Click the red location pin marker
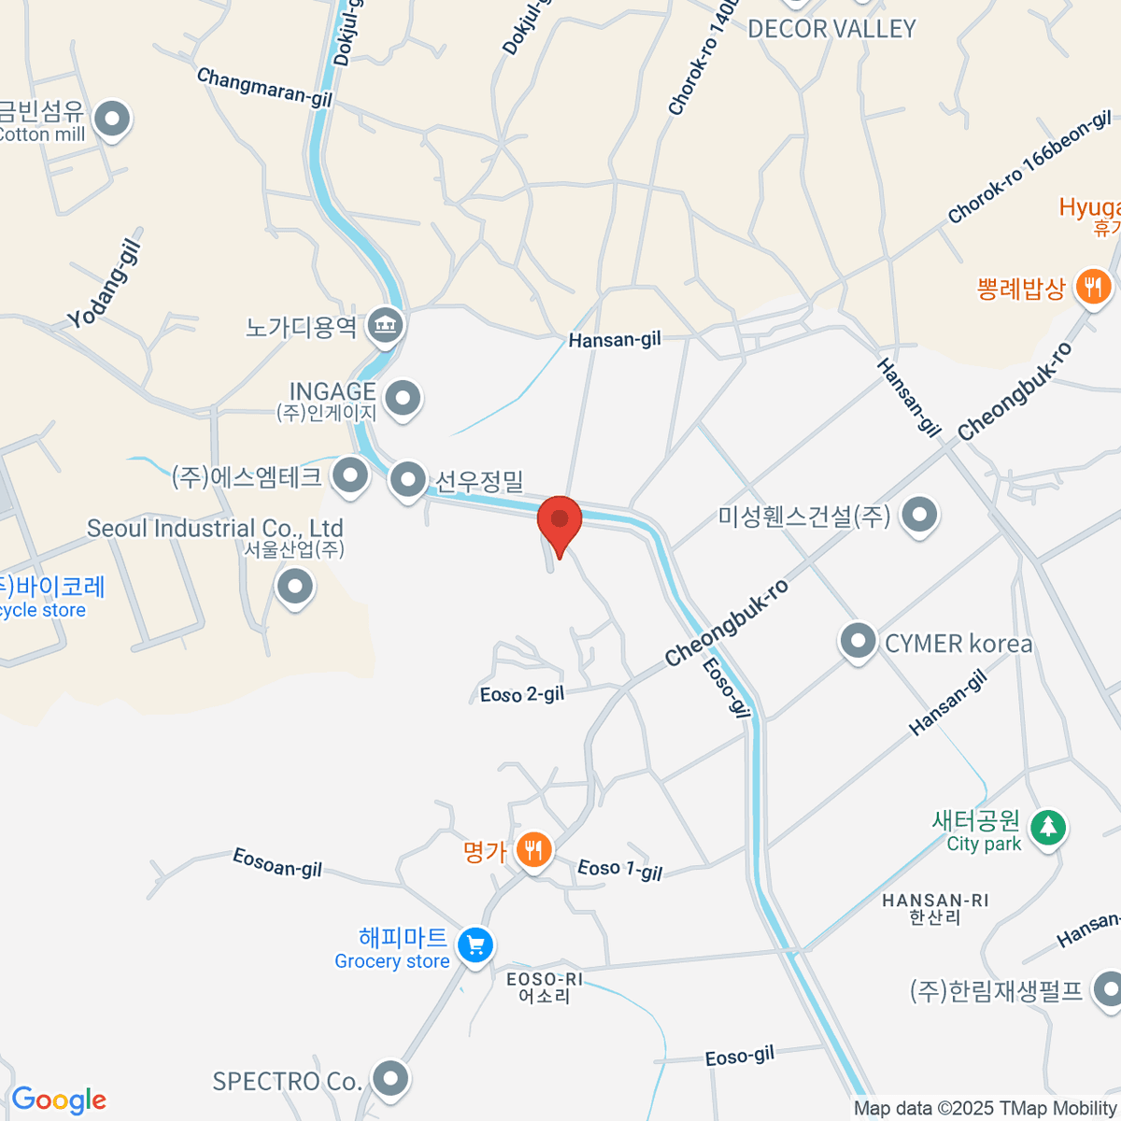(560, 521)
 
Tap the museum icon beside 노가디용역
(385, 324)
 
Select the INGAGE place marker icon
(404, 397)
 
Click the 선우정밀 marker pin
(407, 480)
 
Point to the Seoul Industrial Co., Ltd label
(215, 529)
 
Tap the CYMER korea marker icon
(857, 642)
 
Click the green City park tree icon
(1048, 827)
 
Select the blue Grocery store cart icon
(475, 945)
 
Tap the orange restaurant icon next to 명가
(533, 850)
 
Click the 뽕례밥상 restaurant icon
(1093, 286)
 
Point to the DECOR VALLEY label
(831, 29)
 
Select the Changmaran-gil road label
(264, 87)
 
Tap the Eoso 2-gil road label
(522, 694)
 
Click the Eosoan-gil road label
(277, 863)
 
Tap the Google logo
(59, 1100)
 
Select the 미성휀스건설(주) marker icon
(920, 514)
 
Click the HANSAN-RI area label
(935, 901)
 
